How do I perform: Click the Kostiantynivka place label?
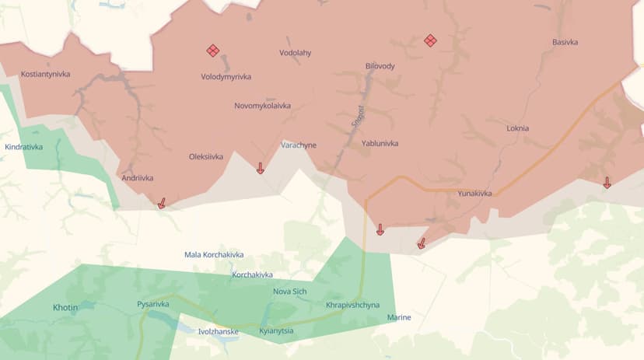46,74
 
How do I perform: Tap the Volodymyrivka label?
226,77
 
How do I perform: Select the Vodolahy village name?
295,53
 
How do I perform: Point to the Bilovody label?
380,66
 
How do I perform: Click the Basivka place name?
565,42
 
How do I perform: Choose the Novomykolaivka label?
262,106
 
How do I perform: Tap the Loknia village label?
517,128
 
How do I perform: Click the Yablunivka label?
380,144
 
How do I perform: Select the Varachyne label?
299,145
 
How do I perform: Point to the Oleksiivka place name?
206,156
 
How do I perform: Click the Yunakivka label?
474,194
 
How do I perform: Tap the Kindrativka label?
24,146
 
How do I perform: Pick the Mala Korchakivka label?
214,255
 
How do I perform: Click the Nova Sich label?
290,292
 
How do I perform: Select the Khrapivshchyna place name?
352,304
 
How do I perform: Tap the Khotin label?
65,307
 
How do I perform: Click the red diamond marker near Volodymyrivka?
212,51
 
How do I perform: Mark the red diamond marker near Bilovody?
429,40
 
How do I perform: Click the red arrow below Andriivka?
162,203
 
